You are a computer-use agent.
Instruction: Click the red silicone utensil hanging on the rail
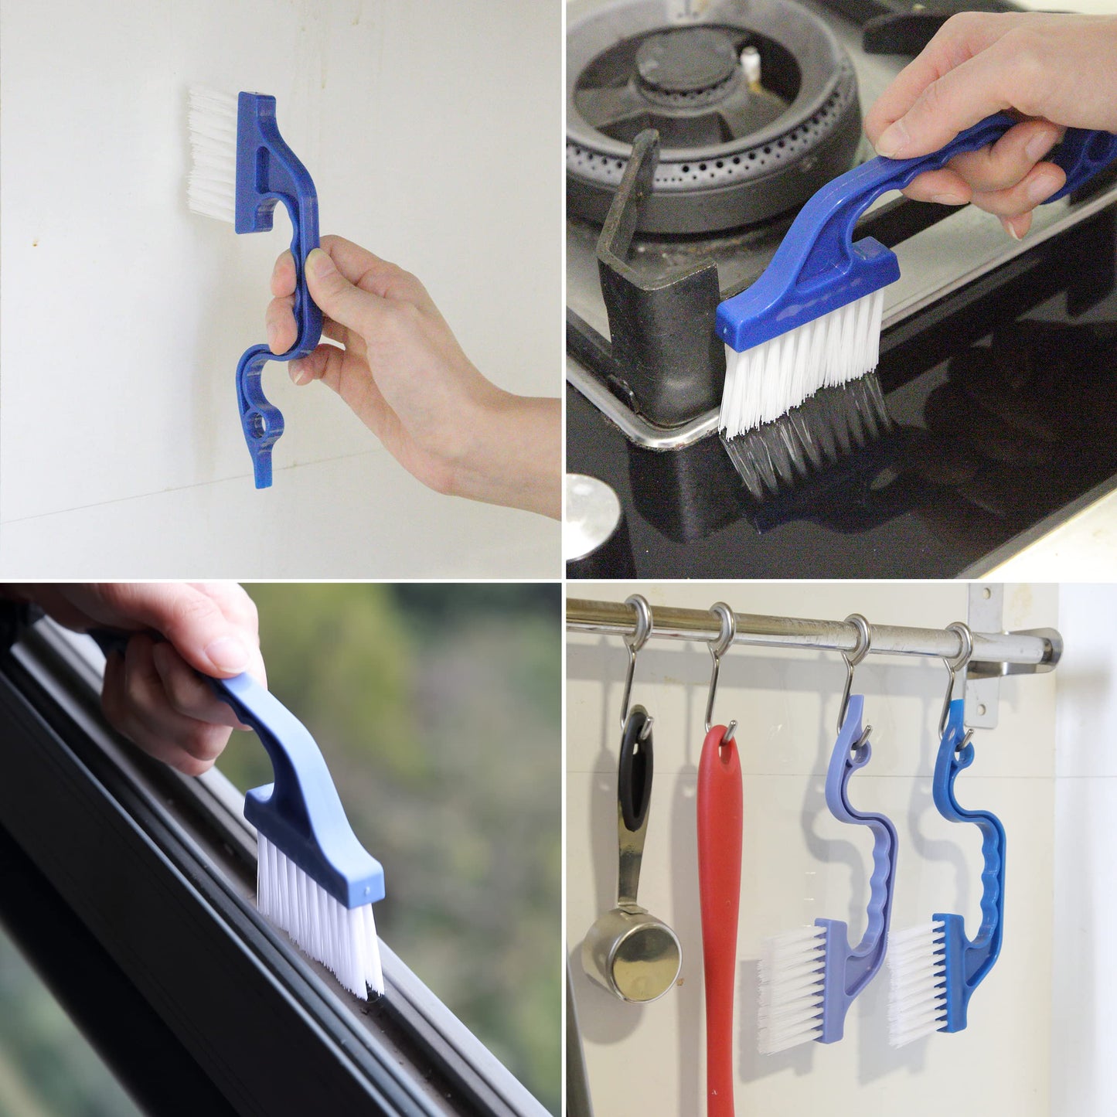pyautogui.click(x=719, y=889)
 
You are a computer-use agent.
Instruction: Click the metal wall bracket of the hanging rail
pyautogui.click(x=982, y=657)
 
